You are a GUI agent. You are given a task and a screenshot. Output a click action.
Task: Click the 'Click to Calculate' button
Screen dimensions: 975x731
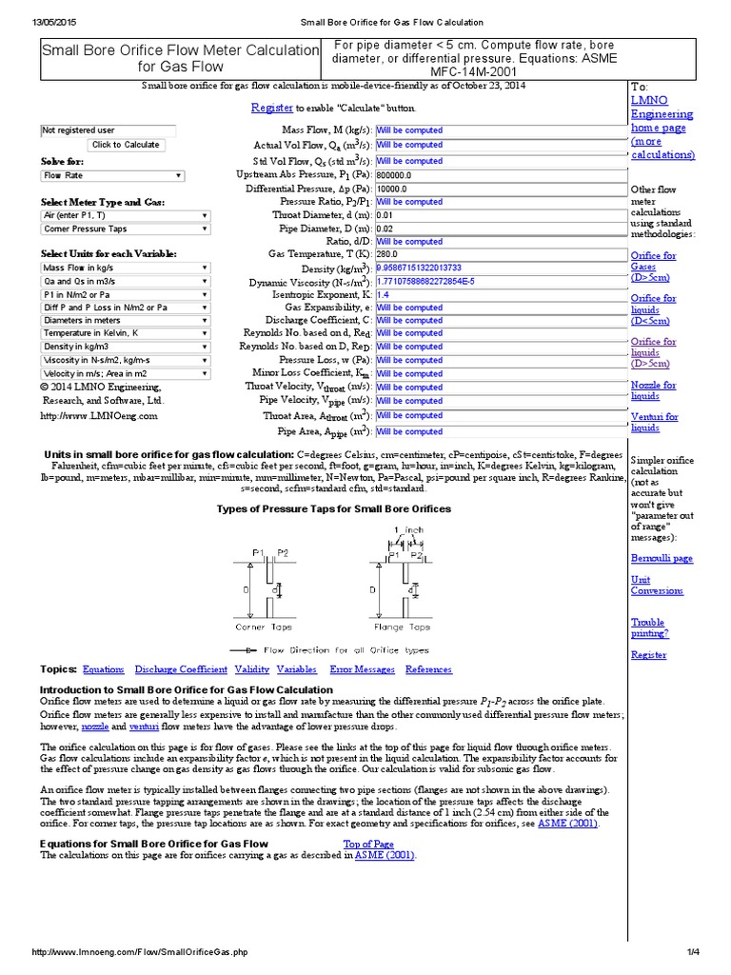coord(125,145)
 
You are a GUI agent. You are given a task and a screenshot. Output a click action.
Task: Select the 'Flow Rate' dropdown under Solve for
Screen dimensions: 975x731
coord(112,176)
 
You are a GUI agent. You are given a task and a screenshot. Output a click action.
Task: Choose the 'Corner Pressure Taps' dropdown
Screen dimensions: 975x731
coord(125,229)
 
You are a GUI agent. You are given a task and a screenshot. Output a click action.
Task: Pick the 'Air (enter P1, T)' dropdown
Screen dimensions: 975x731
coord(125,216)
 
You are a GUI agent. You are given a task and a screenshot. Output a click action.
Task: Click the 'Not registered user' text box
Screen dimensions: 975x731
coord(108,130)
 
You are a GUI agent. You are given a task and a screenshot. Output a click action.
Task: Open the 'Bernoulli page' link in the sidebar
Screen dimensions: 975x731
coord(662,558)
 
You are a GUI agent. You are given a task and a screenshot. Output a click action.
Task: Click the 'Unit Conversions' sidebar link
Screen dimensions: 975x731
coord(657,585)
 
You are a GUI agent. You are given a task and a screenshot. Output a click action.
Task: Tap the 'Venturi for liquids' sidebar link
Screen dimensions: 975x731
coord(654,422)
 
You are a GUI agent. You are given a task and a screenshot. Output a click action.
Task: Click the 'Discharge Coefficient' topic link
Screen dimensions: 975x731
coord(181,669)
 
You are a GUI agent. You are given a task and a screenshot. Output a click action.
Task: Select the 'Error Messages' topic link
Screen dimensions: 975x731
coord(362,669)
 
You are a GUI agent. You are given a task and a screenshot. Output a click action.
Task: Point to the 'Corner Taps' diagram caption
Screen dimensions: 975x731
coord(264,627)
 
